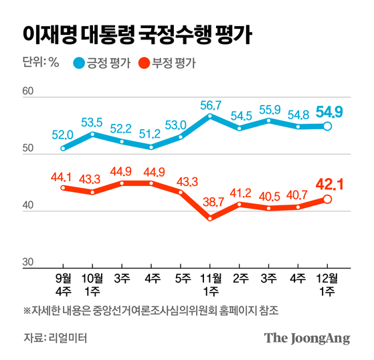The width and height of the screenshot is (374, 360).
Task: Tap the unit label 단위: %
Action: [41, 64]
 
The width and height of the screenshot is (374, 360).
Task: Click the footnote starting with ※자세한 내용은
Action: [151, 311]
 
